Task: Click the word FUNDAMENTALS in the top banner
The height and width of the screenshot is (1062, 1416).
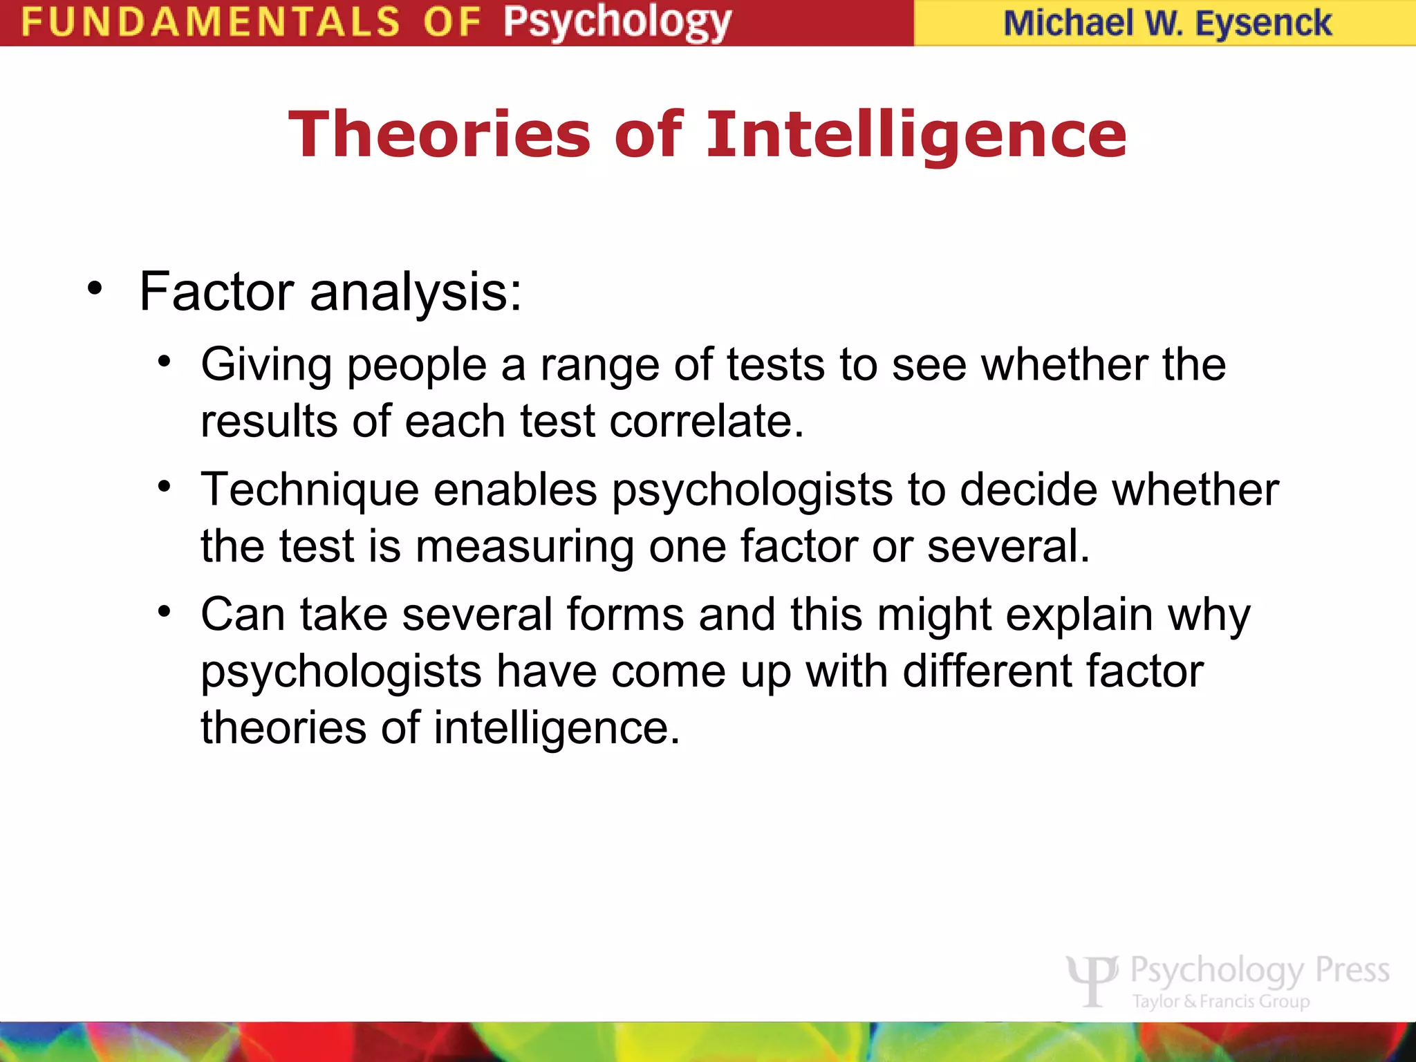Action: [x=211, y=21]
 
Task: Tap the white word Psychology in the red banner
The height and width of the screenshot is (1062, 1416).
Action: [x=617, y=23]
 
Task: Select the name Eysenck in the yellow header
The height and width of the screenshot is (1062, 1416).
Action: [x=1263, y=23]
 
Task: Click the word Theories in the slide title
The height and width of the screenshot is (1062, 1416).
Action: [x=440, y=134]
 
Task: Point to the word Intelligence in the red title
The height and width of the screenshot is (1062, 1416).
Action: [x=916, y=134]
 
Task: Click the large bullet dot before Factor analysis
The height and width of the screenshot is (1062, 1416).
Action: [x=95, y=288]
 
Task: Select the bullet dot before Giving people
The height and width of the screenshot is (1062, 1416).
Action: [x=164, y=361]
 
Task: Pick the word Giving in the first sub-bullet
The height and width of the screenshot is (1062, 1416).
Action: [x=266, y=365]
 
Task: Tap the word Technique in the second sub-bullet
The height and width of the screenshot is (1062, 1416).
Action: [x=310, y=490]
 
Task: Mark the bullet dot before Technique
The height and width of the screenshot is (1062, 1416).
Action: [x=164, y=486]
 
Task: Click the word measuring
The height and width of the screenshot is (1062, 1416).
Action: [x=524, y=547]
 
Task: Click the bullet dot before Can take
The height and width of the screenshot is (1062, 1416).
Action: [x=164, y=611]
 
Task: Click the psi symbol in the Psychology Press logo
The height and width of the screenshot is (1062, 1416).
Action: [x=1092, y=979]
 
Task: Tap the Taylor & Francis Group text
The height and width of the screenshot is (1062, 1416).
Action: [x=1221, y=1001]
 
